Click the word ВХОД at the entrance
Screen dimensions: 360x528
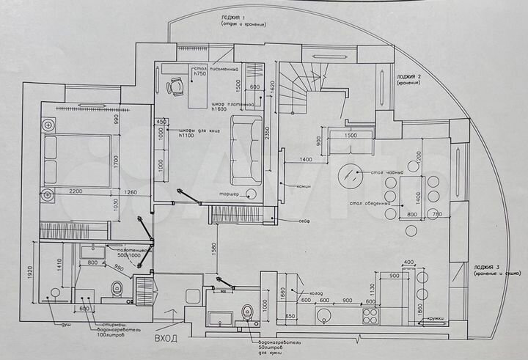[x=166, y=338]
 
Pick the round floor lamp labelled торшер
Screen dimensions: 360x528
[x=252, y=194]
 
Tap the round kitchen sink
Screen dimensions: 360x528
[x=324, y=317]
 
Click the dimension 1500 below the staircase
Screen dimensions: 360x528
[x=351, y=136]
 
